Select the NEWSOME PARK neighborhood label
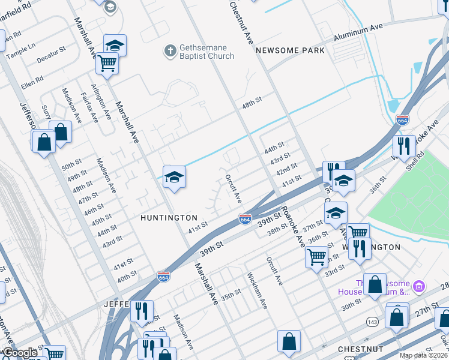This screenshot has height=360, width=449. point(290,50)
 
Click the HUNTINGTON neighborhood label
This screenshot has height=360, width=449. point(169,217)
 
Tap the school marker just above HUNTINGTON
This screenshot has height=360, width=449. point(174,177)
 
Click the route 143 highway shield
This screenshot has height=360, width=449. point(373,322)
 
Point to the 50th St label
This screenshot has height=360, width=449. point(71,165)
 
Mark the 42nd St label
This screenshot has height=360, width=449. point(286,170)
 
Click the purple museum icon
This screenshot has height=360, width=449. point(419,285)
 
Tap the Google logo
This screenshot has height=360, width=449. point(20,353)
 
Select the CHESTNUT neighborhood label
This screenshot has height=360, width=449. point(357,349)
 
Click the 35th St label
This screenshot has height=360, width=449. point(231,295)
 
